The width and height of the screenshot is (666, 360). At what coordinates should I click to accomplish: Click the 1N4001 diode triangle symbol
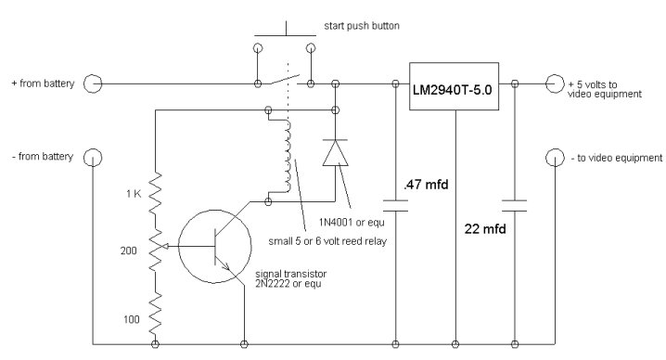(x=335, y=152)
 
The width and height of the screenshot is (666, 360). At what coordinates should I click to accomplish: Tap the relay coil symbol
(x=288, y=156)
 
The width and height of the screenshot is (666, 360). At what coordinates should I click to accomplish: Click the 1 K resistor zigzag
(x=155, y=194)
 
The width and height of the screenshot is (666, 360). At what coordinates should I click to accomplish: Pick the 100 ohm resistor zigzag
(x=155, y=315)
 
